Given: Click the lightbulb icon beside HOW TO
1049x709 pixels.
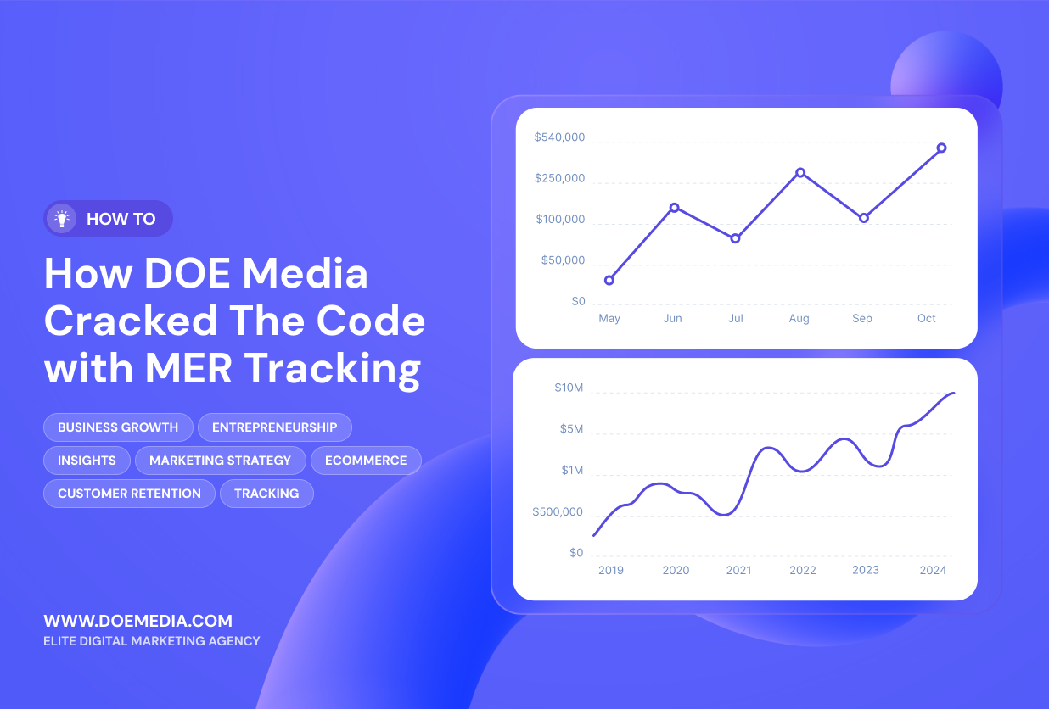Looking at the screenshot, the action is click(x=62, y=219).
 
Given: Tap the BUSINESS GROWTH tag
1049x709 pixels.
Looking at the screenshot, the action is click(x=118, y=427).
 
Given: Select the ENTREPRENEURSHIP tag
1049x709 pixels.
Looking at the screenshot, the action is click(x=274, y=427).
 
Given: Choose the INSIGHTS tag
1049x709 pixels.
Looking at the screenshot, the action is click(x=87, y=461).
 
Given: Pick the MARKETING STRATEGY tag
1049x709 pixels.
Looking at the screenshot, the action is click(x=220, y=461).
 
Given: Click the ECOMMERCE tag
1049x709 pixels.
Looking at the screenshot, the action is click(x=366, y=461).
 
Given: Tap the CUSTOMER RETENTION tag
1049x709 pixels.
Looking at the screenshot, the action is click(x=129, y=494).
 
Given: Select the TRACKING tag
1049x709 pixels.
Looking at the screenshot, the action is click(x=266, y=494).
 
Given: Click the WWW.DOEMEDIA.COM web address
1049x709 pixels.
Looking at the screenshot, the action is click(x=138, y=621).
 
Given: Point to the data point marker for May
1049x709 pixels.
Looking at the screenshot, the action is click(x=609, y=281).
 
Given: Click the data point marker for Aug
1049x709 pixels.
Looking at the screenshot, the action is click(x=800, y=173).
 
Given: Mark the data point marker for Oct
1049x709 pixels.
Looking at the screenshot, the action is click(x=941, y=148).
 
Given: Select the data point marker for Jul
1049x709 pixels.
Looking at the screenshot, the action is click(x=735, y=238).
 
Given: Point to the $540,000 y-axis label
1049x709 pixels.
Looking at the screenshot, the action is click(x=559, y=137).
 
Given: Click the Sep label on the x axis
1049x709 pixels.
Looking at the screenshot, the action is click(x=862, y=319).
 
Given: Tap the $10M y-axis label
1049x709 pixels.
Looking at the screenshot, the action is click(x=569, y=388).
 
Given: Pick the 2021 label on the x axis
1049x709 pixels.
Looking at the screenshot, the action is click(x=738, y=570).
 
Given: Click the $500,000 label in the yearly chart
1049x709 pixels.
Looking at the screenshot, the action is click(x=558, y=511).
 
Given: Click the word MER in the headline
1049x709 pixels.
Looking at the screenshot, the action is click(x=188, y=368).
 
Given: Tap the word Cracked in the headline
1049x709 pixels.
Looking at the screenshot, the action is click(x=131, y=321).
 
